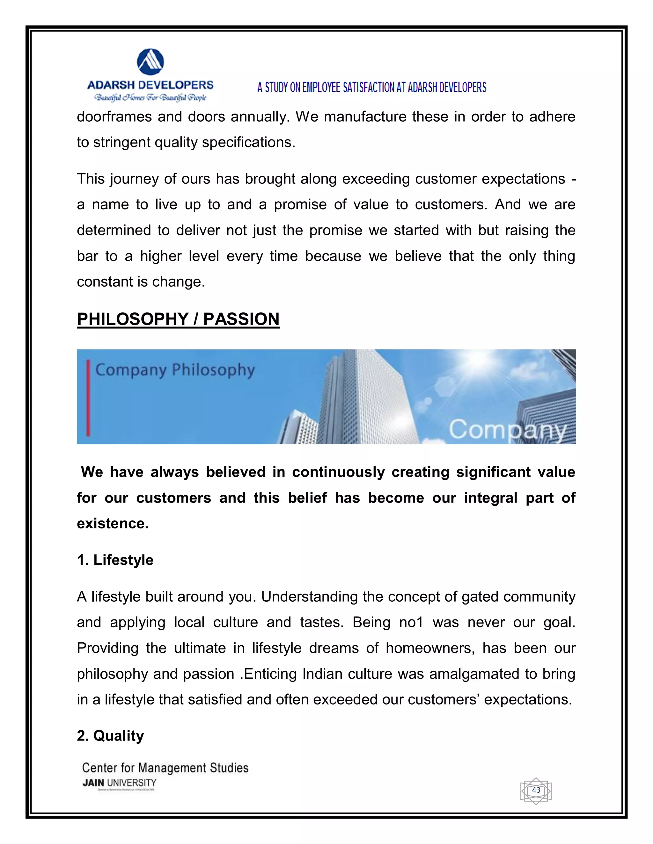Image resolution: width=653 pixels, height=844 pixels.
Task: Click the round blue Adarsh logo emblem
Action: (150, 62)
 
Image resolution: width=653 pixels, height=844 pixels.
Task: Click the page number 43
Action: (536, 790)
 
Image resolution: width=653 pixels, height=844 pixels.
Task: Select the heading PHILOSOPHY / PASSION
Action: (178, 319)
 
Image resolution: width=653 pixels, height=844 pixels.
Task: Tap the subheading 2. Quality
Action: (110, 736)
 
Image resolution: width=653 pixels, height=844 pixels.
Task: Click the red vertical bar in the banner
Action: (88, 398)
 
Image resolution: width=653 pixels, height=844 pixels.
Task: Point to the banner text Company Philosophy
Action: (175, 370)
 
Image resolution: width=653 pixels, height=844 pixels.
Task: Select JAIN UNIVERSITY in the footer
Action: (119, 783)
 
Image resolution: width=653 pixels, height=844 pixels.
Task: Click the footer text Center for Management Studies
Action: (165, 768)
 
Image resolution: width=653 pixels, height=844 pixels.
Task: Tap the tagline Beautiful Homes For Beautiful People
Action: (150, 97)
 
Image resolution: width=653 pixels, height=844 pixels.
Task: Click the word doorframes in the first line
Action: (114, 117)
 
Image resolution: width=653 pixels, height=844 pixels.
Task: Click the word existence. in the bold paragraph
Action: (113, 524)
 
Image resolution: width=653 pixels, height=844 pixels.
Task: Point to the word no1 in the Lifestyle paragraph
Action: (411, 623)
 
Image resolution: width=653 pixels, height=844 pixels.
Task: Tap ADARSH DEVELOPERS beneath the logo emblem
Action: (150, 85)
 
